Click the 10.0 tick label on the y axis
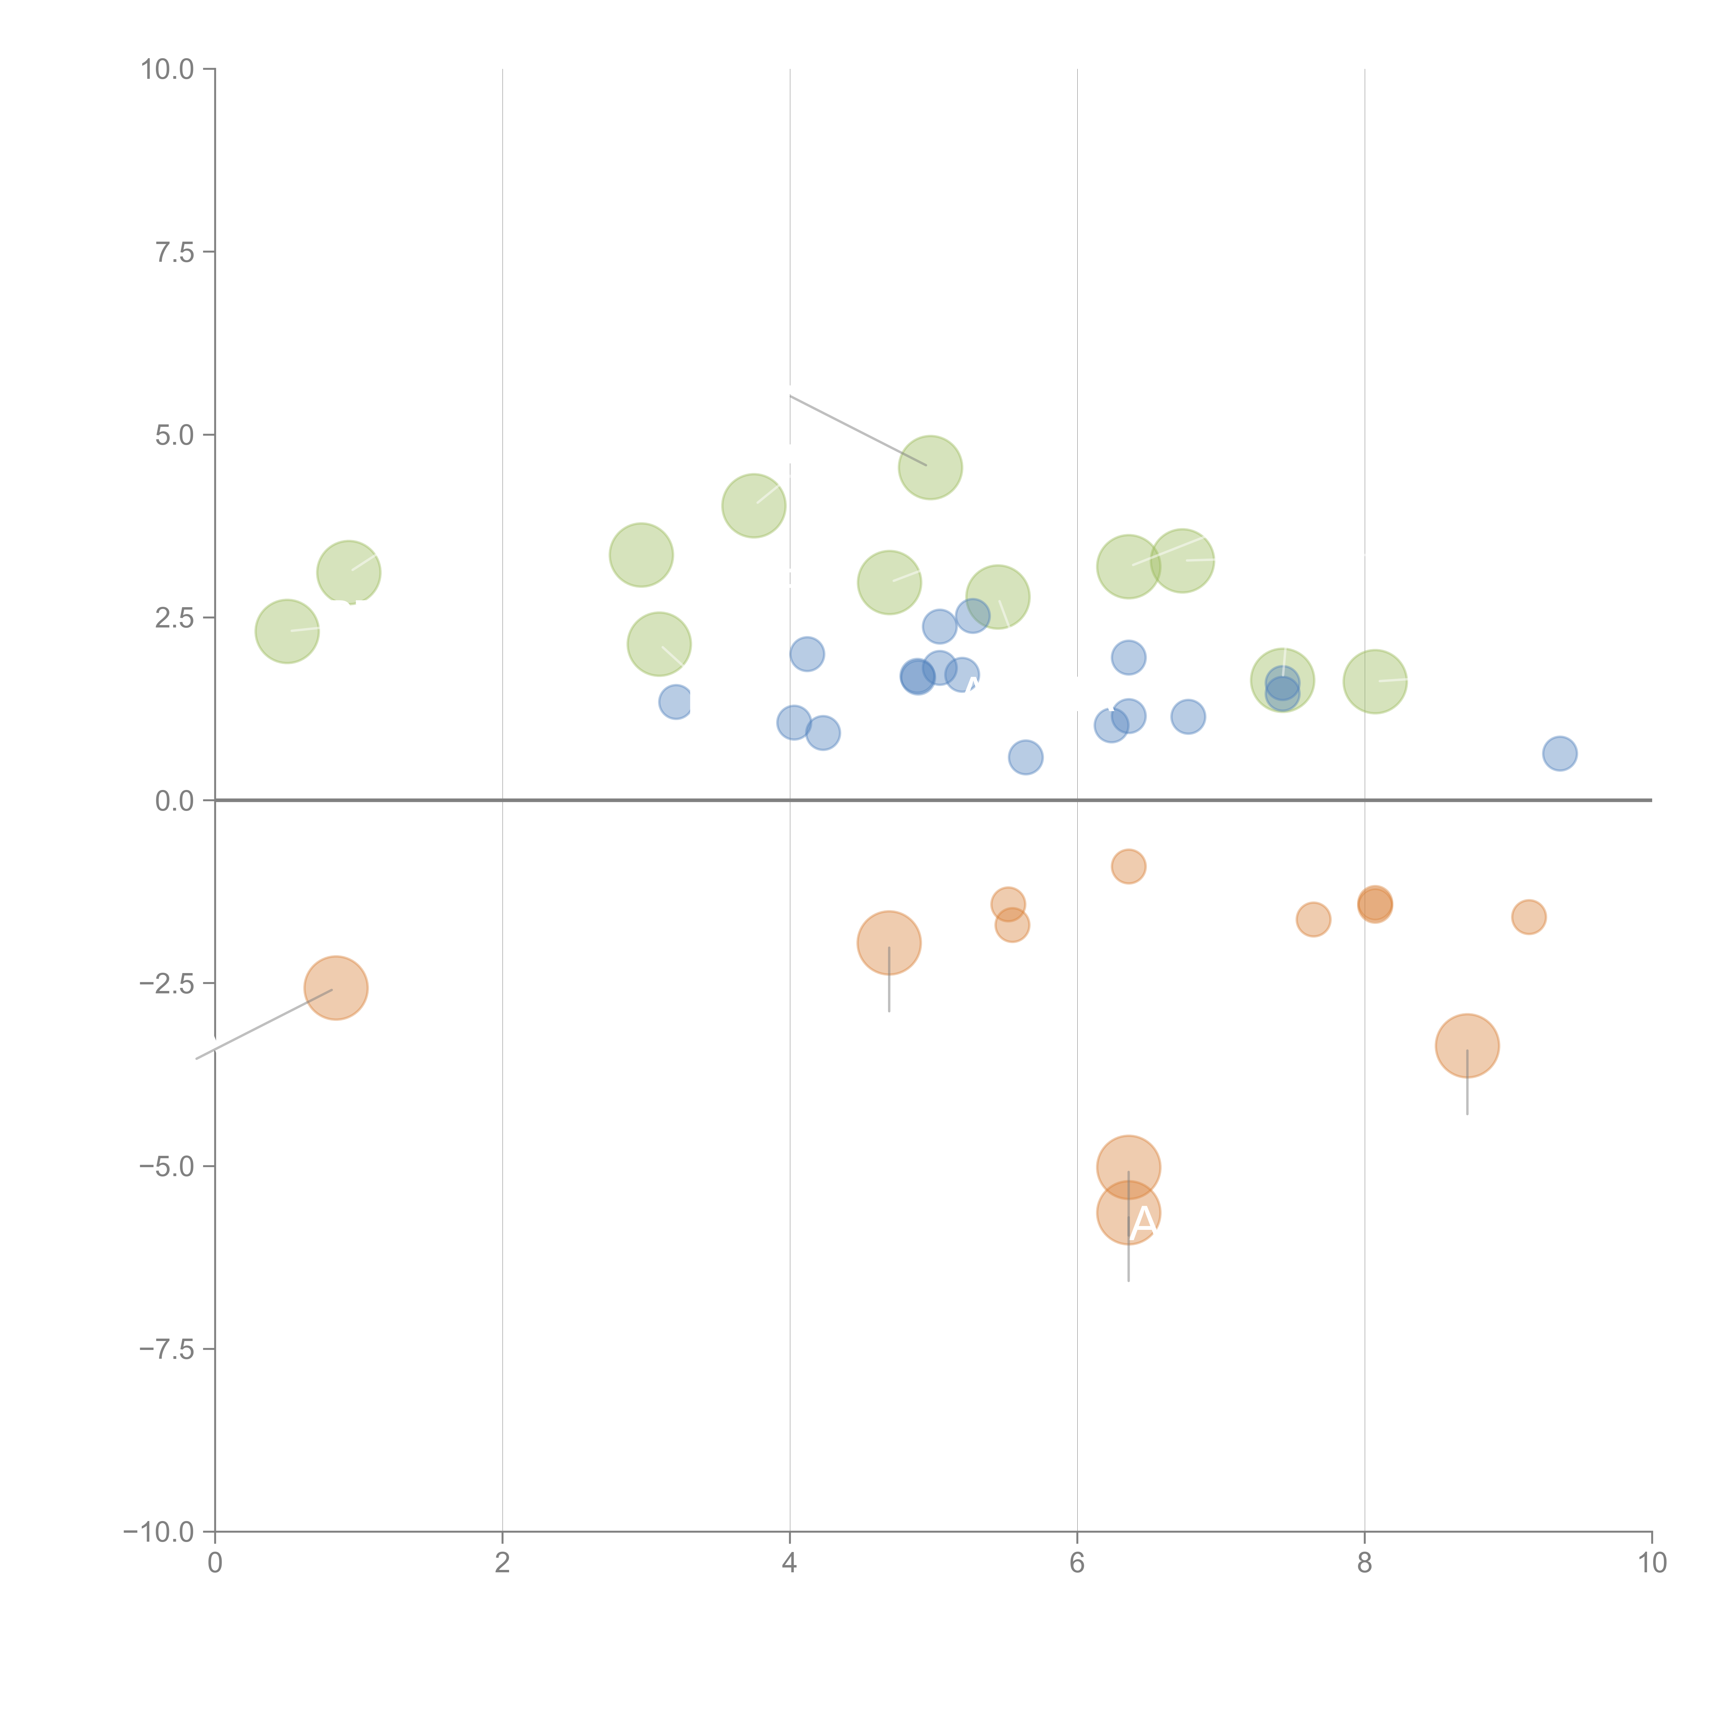pos(168,70)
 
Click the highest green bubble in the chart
pos(930,468)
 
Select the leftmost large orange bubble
pos(336,988)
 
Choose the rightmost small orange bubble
pos(1529,917)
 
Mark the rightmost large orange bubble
pos(1467,1046)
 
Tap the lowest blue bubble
pos(1025,757)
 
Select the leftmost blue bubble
pos(676,702)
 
